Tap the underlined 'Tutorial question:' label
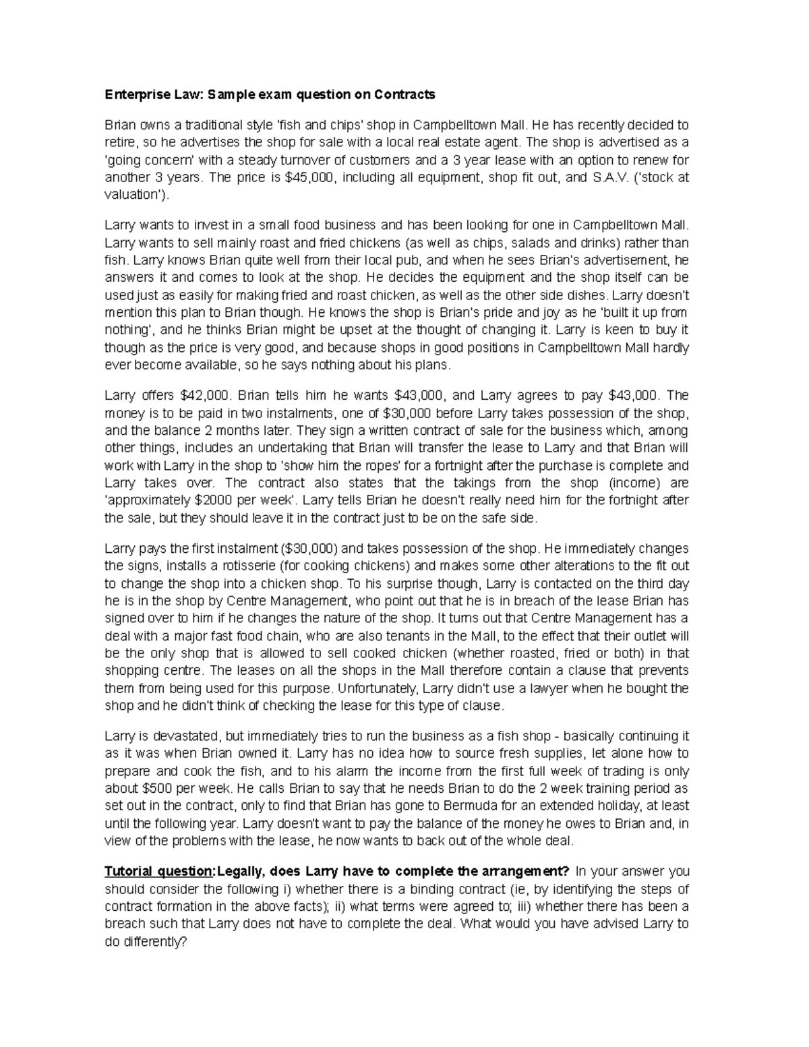pos(158,871)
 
